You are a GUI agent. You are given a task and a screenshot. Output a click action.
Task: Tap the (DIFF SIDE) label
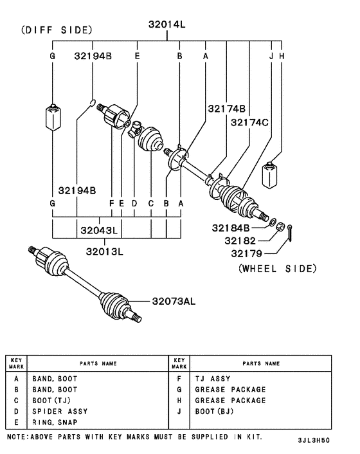point(57,30)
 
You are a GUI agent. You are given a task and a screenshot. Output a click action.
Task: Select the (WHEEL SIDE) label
point(277,268)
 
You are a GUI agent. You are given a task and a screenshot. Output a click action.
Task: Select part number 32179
point(247,253)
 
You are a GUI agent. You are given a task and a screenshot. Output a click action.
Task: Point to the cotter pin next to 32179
point(291,233)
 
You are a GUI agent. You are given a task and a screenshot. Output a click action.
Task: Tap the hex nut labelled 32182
point(280,226)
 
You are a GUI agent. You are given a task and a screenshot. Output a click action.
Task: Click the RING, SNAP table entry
point(55,422)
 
